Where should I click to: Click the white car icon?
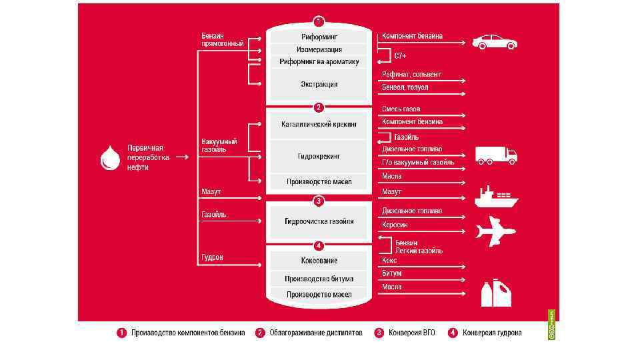click(495, 41)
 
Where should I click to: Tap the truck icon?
click(495, 155)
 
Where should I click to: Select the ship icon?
click(496, 196)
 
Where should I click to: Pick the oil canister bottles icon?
click(497, 293)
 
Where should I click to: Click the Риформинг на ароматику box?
click(319, 61)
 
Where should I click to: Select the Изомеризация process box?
click(319, 49)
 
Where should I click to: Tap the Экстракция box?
click(319, 85)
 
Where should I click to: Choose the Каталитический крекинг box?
click(319, 124)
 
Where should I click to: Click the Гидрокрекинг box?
click(319, 156)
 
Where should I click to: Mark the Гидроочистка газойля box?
click(319, 221)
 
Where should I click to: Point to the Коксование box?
click(319, 260)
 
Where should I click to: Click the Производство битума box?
click(319, 279)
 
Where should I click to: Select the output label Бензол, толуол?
click(405, 87)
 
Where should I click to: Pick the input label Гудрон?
click(212, 257)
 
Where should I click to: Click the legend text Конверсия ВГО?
click(411, 332)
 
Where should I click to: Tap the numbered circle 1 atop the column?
click(319, 21)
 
